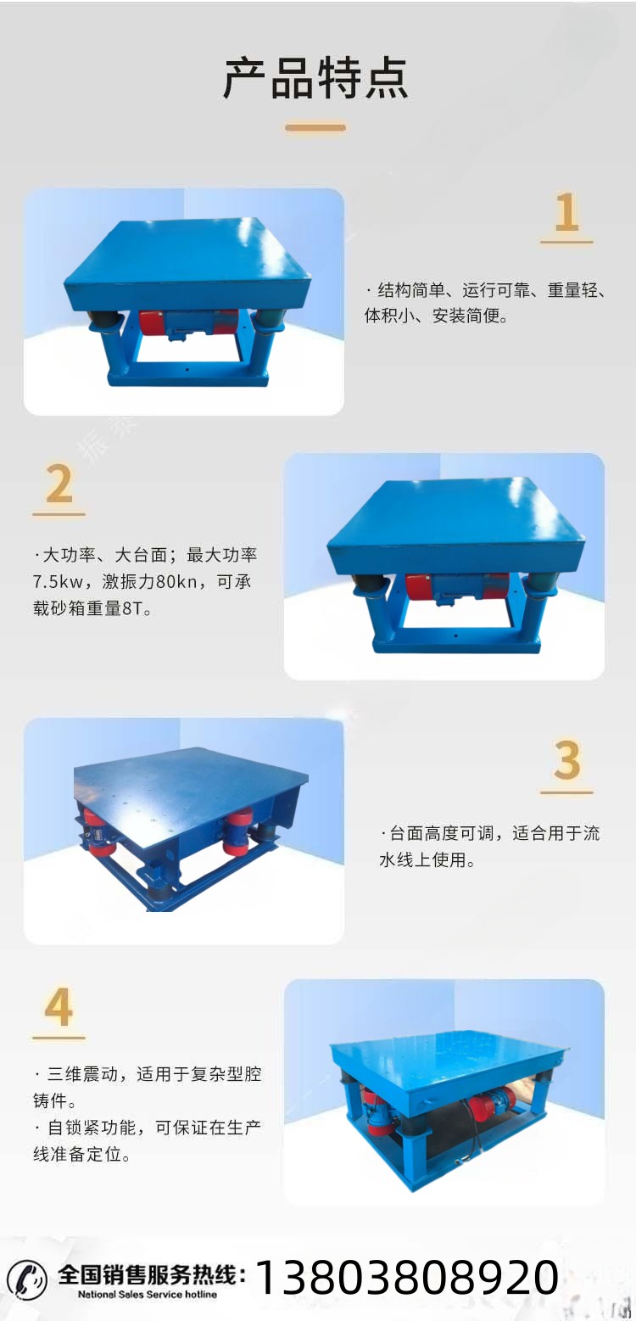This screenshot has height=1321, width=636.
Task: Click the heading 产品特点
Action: pyautogui.click(x=316, y=78)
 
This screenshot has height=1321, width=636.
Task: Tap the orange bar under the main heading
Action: pyautogui.click(x=315, y=127)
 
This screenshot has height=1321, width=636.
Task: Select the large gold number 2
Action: pyautogui.click(x=59, y=484)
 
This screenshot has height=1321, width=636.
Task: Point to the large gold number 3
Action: pyautogui.click(x=566, y=759)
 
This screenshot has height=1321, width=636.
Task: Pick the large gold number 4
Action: pyautogui.click(x=59, y=1007)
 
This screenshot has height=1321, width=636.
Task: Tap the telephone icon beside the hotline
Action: pyautogui.click(x=27, y=1279)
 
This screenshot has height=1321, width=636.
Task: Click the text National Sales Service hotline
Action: pyautogui.click(x=148, y=1295)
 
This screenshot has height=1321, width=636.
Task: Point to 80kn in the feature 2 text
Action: pyautogui.click(x=176, y=582)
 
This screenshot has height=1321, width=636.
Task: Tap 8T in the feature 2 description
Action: pyautogui.click(x=132, y=608)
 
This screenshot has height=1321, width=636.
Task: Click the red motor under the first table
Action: pyautogui.click(x=188, y=324)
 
